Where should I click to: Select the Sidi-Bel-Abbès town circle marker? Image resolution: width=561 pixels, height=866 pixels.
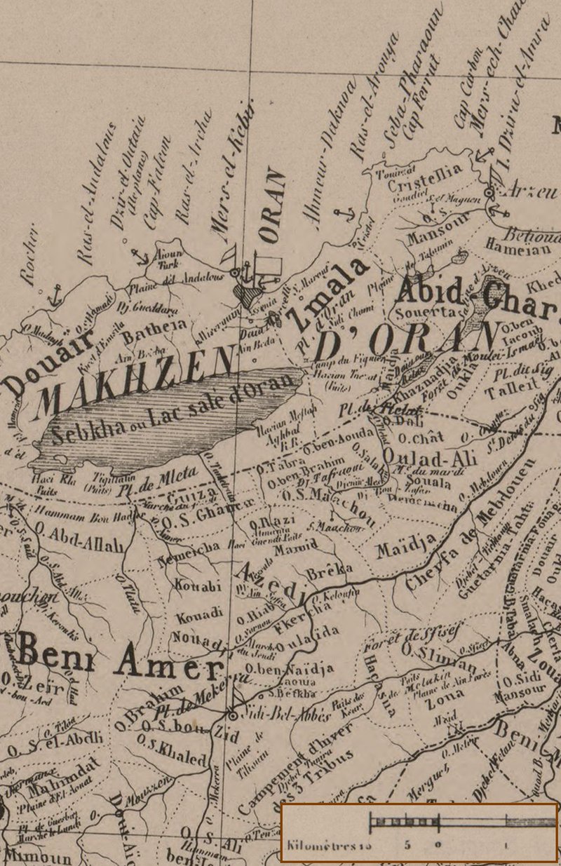[x=232, y=716]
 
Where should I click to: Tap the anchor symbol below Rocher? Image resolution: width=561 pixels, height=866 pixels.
[x=52, y=297]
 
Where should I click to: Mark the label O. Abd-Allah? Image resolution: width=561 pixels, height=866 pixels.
[x=77, y=541]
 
